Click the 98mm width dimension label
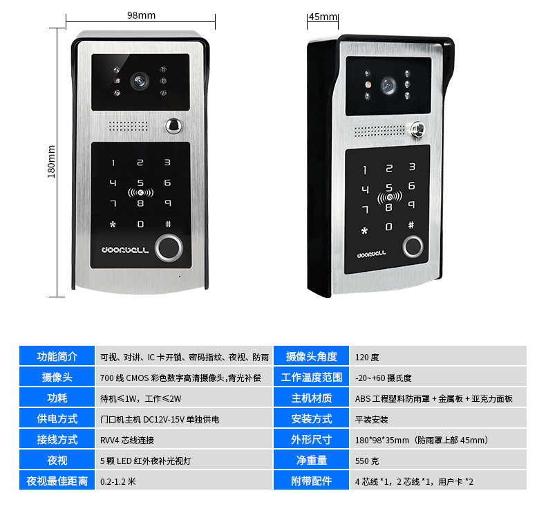click(x=142, y=15)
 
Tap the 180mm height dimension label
click(x=51, y=162)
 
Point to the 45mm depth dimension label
click(x=322, y=17)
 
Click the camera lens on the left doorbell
click(x=140, y=81)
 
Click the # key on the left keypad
click(x=167, y=224)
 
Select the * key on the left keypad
click(x=113, y=224)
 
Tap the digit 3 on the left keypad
click(x=167, y=163)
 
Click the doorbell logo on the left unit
click(x=125, y=250)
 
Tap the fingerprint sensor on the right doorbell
click(x=413, y=246)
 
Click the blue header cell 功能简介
click(x=57, y=357)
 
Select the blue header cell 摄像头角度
click(x=312, y=357)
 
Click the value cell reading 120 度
click(x=368, y=358)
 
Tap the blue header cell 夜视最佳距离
click(x=57, y=481)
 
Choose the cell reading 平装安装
click(x=372, y=419)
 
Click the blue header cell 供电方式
click(x=57, y=419)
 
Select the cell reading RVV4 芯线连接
click(x=127, y=440)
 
